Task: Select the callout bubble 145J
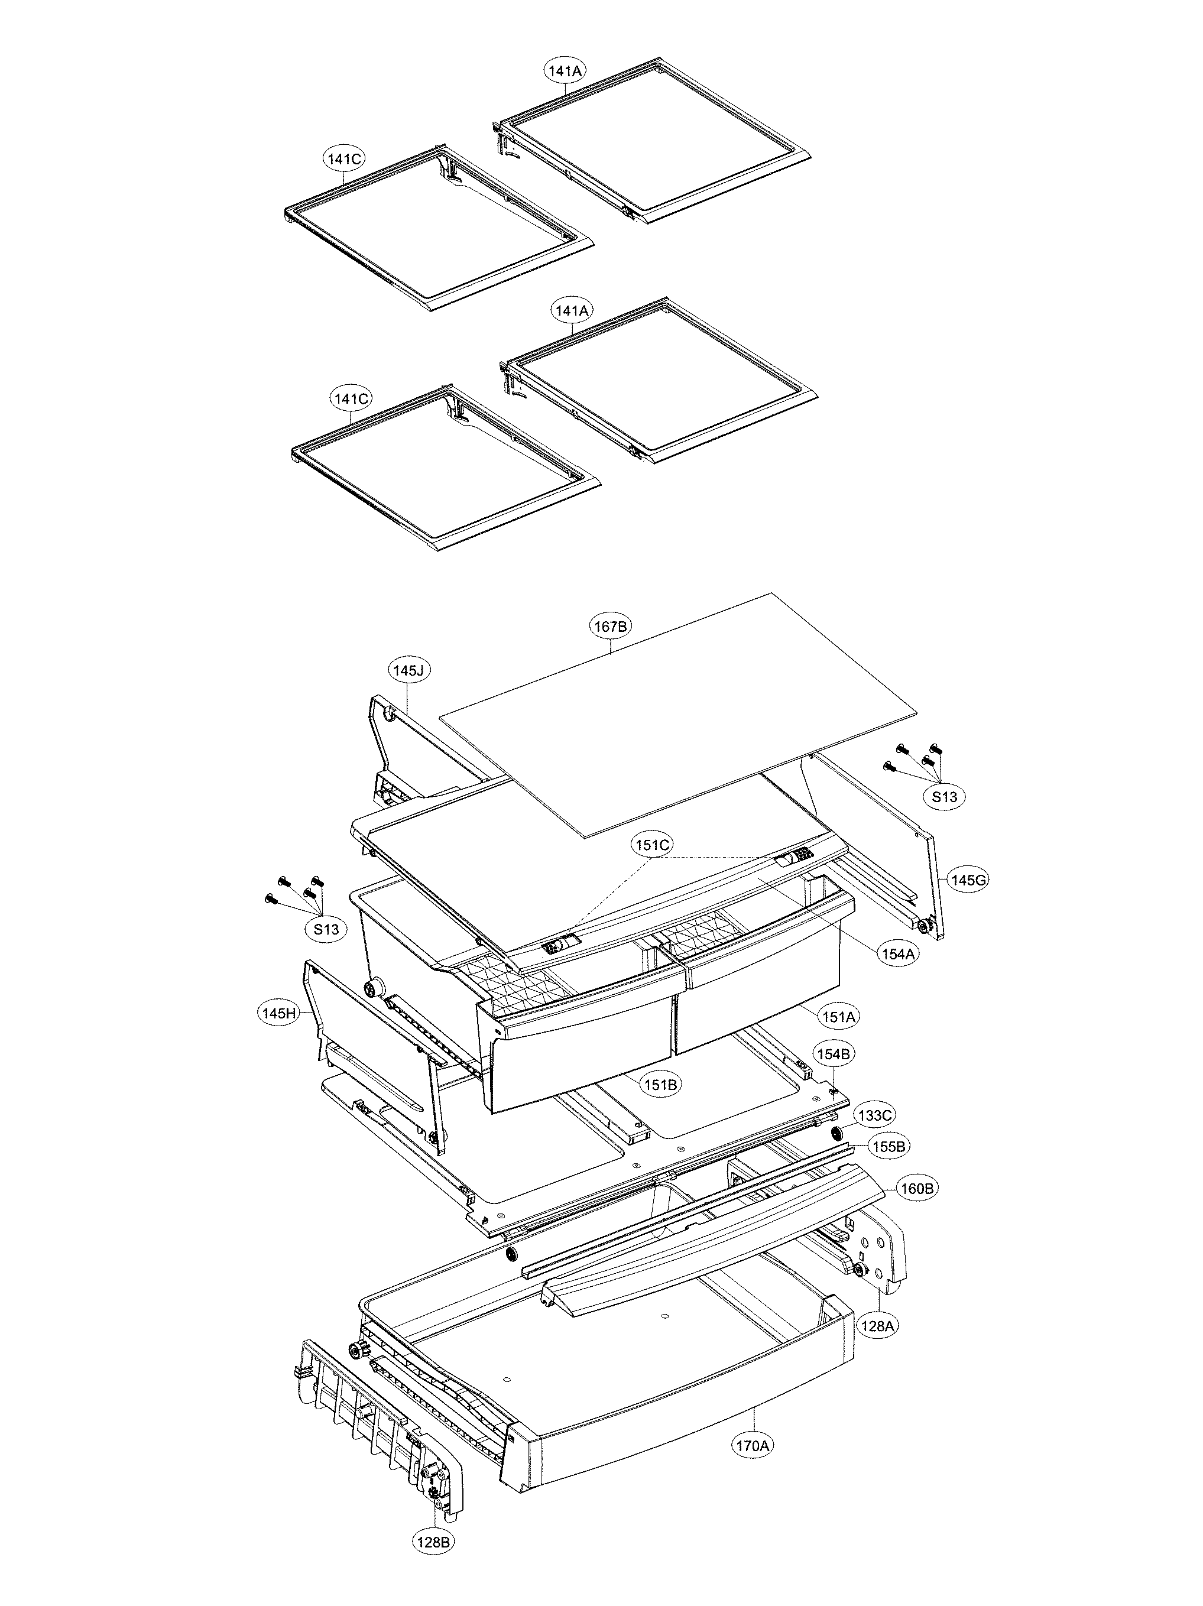click(408, 670)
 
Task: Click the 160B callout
click(916, 1189)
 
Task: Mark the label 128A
click(877, 1326)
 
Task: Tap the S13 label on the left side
click(326, 929)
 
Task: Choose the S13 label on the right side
click(945, 796)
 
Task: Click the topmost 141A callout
click(566, 70)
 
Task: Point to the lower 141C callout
click(351, 398)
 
